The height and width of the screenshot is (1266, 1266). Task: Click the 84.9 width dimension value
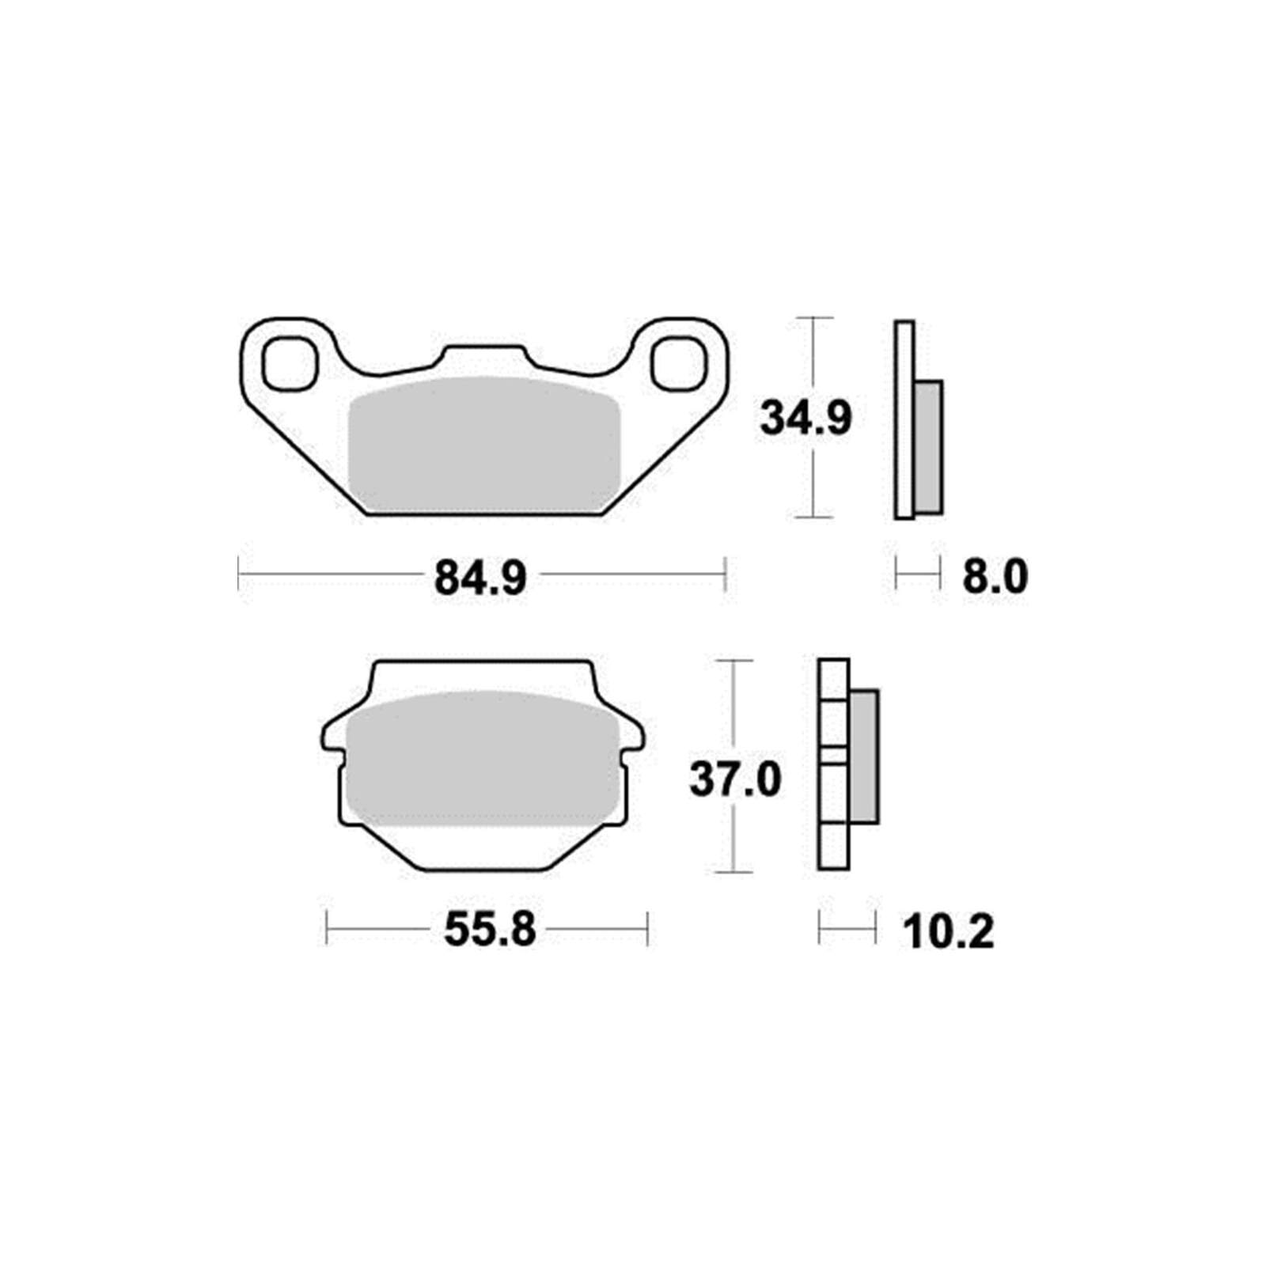click(480, 578)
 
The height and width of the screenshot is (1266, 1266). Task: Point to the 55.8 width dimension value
click(490, 930)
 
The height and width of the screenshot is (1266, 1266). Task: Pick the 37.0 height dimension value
click(735, 779)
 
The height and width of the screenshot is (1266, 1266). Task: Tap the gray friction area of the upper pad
click(484, 445)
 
